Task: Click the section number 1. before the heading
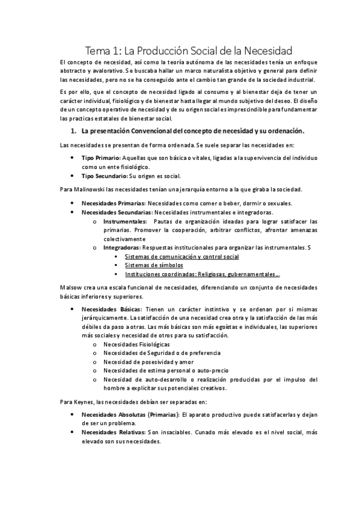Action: pyautogui.click(x=74, y=131)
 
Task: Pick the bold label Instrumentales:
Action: pyautogui.click(x=124, y=221)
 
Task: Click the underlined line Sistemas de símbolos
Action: pyautogui.click(x=154, y=265)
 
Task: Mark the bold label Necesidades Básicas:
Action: pyautogui.click(x=110, y=309)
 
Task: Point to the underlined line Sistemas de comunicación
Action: pyautogui.click(x=182, y=256)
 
